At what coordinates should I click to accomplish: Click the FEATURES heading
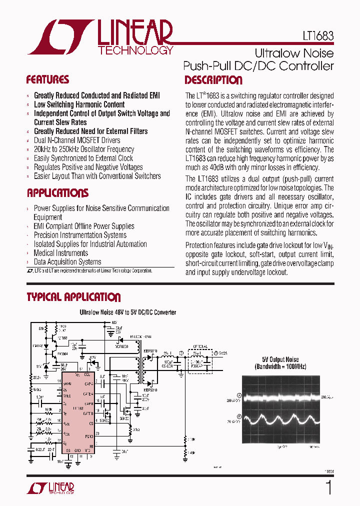pyautogui.click(x=47, y=80)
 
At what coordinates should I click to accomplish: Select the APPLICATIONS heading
pyautogui.click(x=57, y=193)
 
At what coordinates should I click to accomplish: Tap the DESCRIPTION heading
pyautogui.click(x=213, y=80)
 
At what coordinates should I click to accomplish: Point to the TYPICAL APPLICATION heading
pyautogui.click(x=73, y=297)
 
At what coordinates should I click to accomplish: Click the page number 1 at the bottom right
pyautogui.click(x=328, y=487)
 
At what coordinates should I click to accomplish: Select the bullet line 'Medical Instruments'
pyautogui.click(x=60, y=253)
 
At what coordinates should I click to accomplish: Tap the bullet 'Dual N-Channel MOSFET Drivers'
pyautogui.click(x=77, y=140)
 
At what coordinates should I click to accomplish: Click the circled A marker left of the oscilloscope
pyautogui.click(x=239, y=395)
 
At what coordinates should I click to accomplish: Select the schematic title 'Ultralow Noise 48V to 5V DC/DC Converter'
pyautogui.click(x=128, y=312)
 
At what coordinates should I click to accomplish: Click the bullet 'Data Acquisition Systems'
pyautogui.click(x=67, y=262)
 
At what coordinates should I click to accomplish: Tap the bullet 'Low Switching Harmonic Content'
pyautogui.click(x=79, y=104)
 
